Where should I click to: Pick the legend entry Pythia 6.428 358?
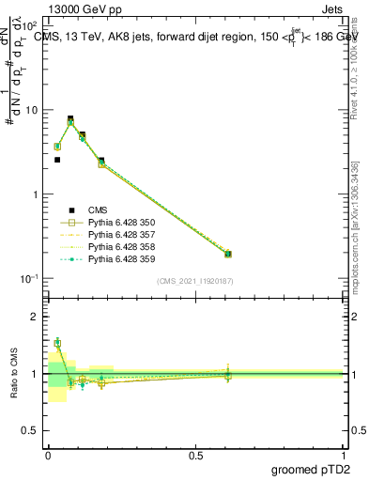point(120,247)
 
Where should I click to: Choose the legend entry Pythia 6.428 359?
point(120,259)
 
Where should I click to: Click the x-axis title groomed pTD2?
point(308,470)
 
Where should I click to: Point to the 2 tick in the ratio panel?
point(36,317)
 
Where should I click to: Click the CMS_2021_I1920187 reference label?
point(195,281)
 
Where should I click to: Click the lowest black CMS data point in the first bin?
point(57,160)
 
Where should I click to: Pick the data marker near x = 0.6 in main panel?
point(228,254)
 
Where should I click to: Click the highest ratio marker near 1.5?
point(57,343)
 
